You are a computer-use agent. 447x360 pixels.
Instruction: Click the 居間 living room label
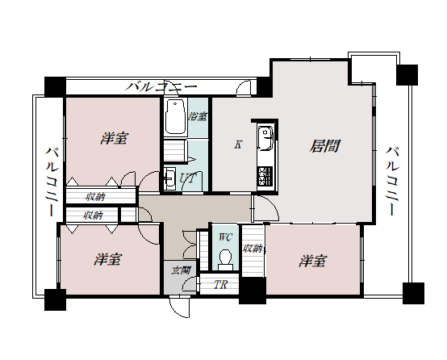click(x=324, y=146)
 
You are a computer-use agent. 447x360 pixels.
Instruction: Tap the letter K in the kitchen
click(x=238, y=145)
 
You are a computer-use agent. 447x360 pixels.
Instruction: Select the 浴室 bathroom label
click(x=197, y=117)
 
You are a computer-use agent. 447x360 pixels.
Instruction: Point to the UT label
click(x=187, y=178)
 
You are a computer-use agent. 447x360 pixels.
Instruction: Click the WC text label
click(x=226, y=238)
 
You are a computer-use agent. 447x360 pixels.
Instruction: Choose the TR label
click(x=219, y=284)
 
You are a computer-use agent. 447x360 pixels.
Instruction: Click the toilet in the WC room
click(x=226, y=257)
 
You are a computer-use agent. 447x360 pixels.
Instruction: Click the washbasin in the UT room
click(x=170, y=178)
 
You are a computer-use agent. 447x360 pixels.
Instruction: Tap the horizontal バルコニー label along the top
click(x=161, y=86)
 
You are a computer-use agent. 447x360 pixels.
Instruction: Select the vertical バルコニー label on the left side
click(x=50, y=182)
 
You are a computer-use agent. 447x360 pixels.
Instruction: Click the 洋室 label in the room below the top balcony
click(x=114, y=139)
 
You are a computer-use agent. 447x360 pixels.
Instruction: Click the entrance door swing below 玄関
click(x=181, y=306)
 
